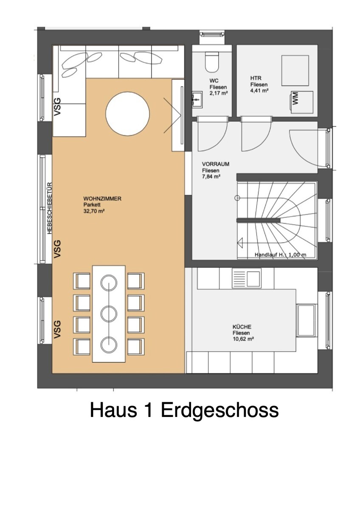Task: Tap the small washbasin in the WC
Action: pyautogui.click(x=197, y=99)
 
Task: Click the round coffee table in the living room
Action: pyautogui.click(x=128, y=114)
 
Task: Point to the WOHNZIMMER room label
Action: pyautogui.click(x=102, y=199)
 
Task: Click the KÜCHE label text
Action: pyautogui.click(x=242, y=327)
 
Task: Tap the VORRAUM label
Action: pyautogui.click(x=216, y=164)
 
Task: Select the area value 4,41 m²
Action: pyautogui.click(x=259, y=90)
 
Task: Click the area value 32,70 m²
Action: pyautogui.click(x=94, y=211)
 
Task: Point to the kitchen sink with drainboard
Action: pyautogui.click(x=247, y=278)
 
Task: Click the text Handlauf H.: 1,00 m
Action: pyautogui.click(x=281, y=255)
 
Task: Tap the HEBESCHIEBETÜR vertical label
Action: pyautogui.click(x=50, y=208)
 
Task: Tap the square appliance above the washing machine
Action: pyautogui.click(x=295, y=70)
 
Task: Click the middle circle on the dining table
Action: pyautogui.click(x=109, y=314)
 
